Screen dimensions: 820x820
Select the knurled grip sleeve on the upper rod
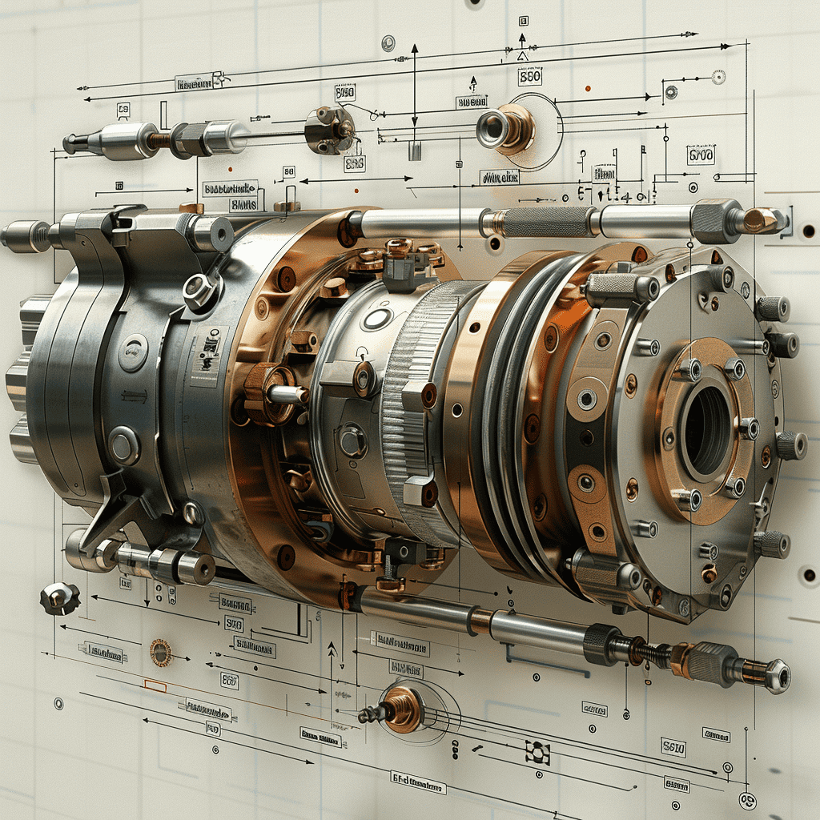pyautogui.click(x=549, y=222)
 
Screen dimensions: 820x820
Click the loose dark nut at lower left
pyautogui.click(x=60, y=597)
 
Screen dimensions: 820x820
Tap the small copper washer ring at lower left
pyautogui.click(x=160, y=653)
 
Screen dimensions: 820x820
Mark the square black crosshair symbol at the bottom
pyautogui.click(x=537, y=750)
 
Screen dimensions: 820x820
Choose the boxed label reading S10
pyautogui.click(x=673, y=747)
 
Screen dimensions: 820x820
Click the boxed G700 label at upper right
pyautogui.click(x=701, y=155)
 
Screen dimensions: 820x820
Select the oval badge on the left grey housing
pyautogui.click(x=133, y=353)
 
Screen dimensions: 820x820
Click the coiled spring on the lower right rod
pyautogui.click(x=652, y=653)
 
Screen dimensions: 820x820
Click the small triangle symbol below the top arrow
pyautogui.click(x=522, y=56)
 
